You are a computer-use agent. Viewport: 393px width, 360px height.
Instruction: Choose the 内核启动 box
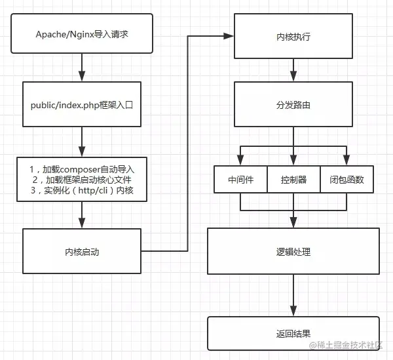click(x=82, y=250)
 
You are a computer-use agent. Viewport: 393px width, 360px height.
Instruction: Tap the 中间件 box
click(x=240, y=179)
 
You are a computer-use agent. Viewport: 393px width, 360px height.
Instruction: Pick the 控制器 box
click(x=293, y=179)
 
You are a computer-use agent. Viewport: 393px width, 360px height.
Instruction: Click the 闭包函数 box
click(x=347, y=179)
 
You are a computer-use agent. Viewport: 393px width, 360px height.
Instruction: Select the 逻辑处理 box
click(x=293, y=250)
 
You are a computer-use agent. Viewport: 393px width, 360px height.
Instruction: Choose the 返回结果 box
click(x=293, y=334)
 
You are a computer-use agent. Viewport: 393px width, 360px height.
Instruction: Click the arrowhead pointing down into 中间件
click(x=240, y=161)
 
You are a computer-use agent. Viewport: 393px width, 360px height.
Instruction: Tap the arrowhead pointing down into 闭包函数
click(x=347, y=161)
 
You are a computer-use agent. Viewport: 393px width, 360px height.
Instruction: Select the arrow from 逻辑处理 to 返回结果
click(x=293, y=295)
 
